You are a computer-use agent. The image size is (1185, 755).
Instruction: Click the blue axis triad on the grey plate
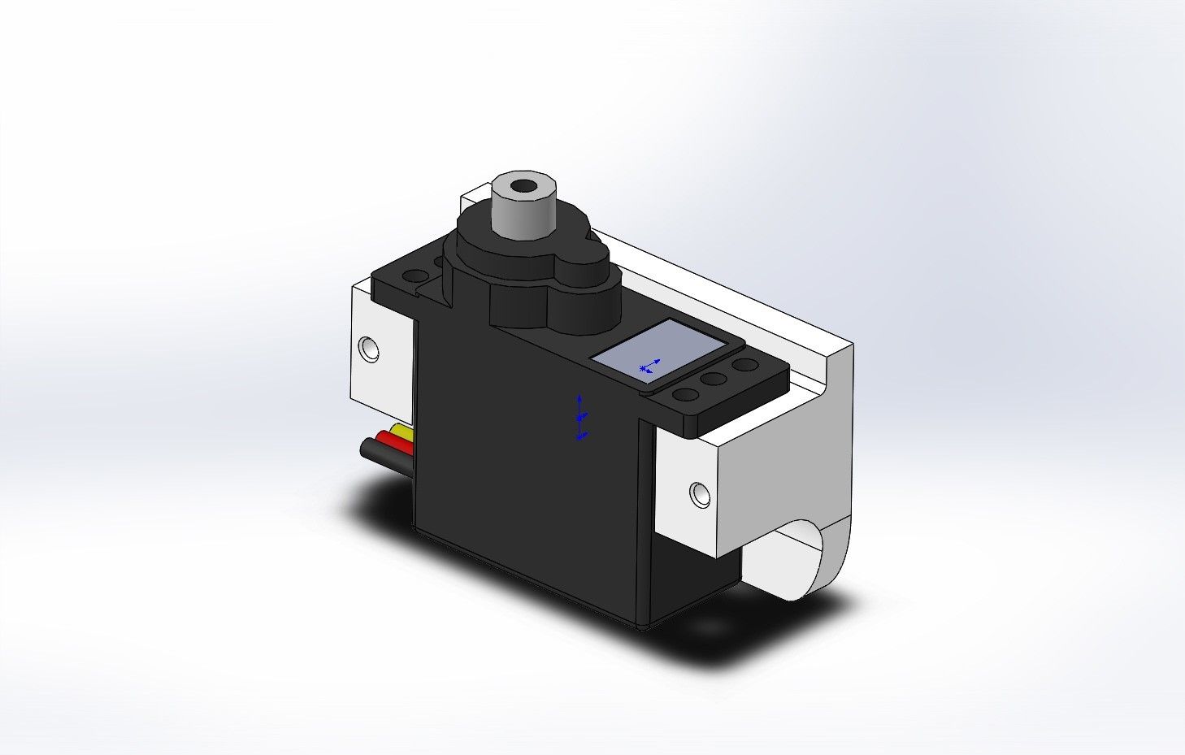(649, 367)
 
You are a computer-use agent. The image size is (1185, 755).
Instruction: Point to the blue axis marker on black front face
(580, 418)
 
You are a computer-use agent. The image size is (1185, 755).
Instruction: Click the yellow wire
(402, 430)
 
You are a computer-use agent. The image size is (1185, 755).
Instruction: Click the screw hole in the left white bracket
(370, 349)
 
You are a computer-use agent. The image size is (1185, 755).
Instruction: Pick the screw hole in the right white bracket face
(698, 492)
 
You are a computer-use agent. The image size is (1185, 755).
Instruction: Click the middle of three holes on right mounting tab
(714, 379)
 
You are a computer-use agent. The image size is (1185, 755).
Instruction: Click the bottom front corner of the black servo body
(642, 626)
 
